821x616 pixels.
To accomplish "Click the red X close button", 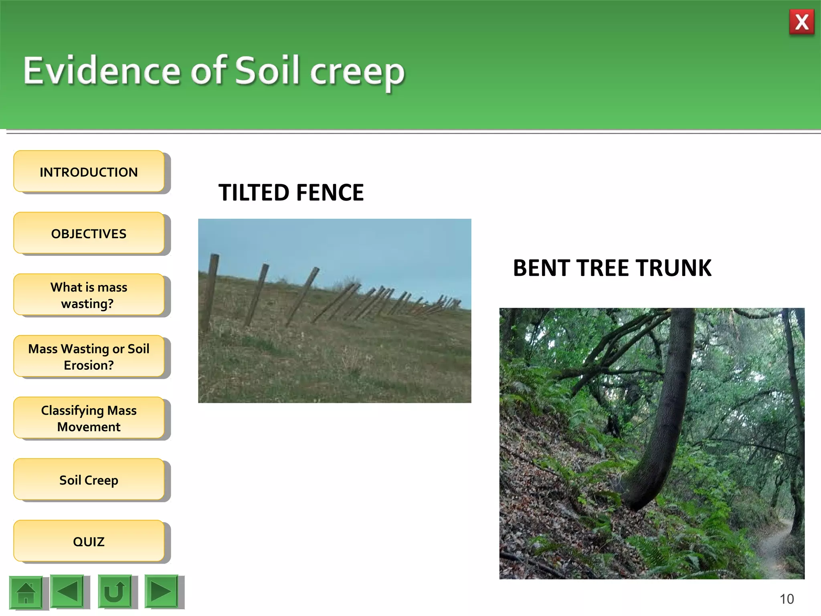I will [x=801, y=22].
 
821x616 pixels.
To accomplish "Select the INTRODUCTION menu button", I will [x=89, y=172].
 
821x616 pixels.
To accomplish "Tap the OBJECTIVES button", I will [x=89, y=233].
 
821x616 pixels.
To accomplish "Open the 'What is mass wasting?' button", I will [x=89, y=295].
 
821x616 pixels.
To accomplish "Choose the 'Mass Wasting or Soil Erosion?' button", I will [x=89, y=357].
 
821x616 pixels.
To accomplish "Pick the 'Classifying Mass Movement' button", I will [x=89, y=418].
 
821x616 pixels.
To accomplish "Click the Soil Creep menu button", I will [x=89, y=480].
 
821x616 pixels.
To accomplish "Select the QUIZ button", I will [x=89, y=541].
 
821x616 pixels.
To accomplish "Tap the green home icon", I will [x=26, y=592].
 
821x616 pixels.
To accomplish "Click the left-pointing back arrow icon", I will [x=67, y=591].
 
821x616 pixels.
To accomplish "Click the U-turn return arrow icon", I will [x=115, y=592].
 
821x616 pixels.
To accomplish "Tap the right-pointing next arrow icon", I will [x=161, y=591].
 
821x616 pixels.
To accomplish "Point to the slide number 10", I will [x=787, y=599].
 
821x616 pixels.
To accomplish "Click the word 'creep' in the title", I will [x=357, y=72].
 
